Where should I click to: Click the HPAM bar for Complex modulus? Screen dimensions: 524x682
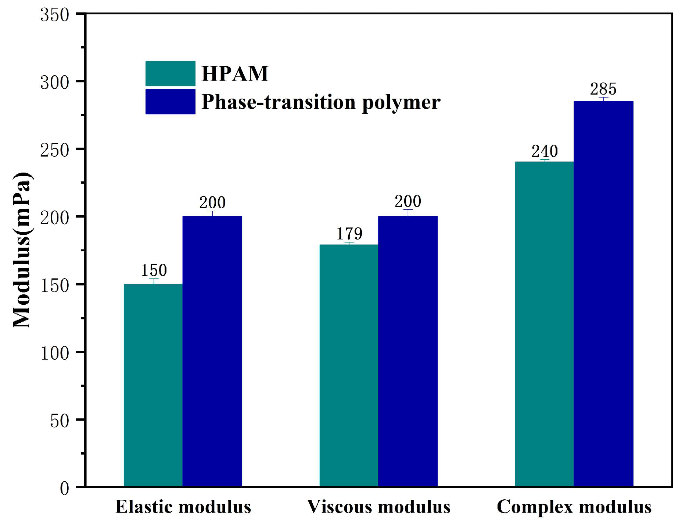(x=544, y=324)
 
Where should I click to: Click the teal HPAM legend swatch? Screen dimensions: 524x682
(x=170, y=74)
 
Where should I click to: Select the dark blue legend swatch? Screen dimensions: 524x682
(x=170, y=102)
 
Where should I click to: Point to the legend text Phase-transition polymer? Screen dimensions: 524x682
(x=321, y=102)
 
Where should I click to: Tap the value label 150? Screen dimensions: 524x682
(x=154, y=270)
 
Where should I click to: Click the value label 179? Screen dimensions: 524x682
(x=349, y=234)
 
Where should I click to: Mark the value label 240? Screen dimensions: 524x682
(x=545, y=151)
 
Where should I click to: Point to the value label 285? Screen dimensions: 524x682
(x=603, y=89)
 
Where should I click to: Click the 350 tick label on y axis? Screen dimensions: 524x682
(x=54, y=15)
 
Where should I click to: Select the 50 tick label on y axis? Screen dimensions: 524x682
(x=60, y=421)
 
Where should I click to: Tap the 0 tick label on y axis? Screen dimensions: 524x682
(x=64, y=489)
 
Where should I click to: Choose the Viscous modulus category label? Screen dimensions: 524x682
(x=379, y=507)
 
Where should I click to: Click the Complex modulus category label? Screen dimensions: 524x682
(x=574, y=507)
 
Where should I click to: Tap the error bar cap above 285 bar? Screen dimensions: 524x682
(x=603, y=98)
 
